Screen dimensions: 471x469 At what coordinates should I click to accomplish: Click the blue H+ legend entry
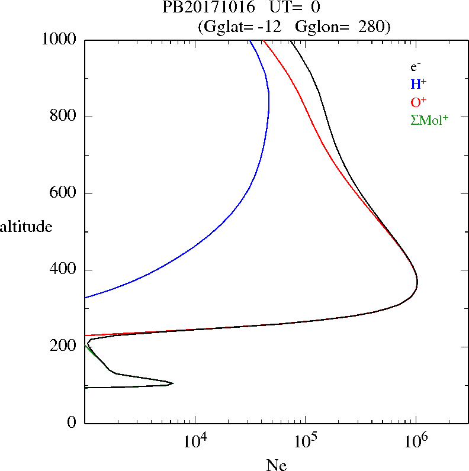tap(418, 84)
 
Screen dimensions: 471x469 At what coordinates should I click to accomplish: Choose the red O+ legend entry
tap(418, 102)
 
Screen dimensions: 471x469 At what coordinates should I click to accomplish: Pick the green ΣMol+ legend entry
tap(429, 120)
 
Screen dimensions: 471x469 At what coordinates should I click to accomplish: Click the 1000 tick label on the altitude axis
tap(60, 40)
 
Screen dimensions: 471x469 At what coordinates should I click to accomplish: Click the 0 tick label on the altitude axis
tap(72, 423)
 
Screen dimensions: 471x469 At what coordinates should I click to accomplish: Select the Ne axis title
tap(276, 465)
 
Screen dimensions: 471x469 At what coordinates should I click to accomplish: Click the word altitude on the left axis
tap(26, 226)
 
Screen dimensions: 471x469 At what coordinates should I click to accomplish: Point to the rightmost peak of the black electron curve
tap(417, 282)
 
